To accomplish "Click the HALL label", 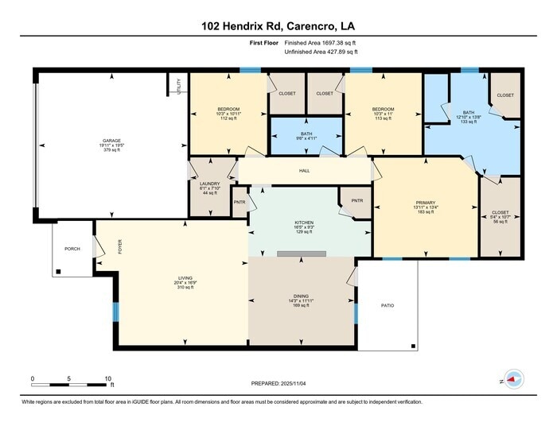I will click(304, 171).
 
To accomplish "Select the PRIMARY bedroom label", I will click(426, 203).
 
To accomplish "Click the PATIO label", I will click(387, 305).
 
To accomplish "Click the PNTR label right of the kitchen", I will click(356, 200).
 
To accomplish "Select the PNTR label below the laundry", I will click(240, 202).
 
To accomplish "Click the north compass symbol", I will click(513, 381).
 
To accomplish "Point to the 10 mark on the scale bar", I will click(108, 378).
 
